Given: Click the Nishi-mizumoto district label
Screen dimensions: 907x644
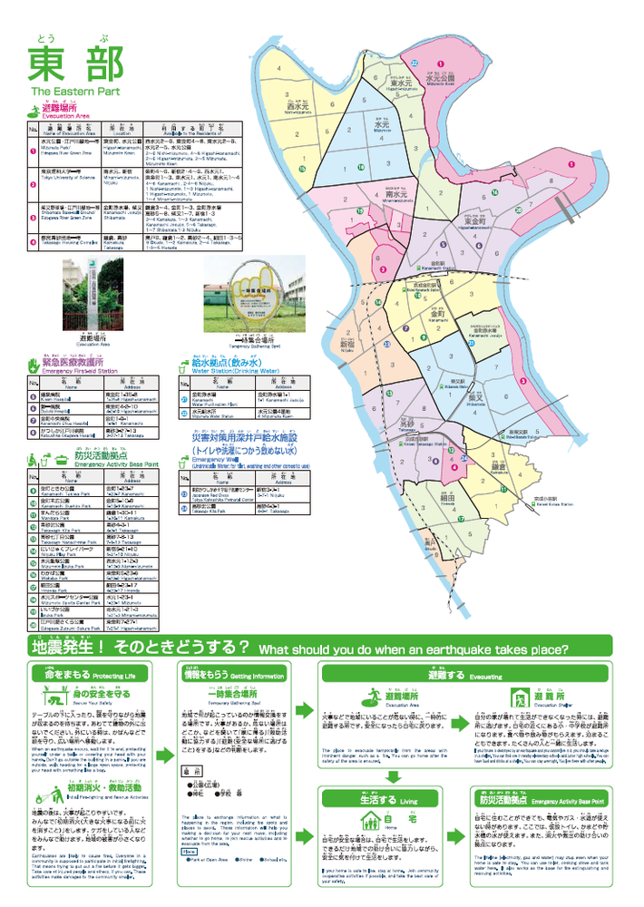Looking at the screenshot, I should coord(298,107).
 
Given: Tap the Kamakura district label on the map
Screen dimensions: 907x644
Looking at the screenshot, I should coord(498,466).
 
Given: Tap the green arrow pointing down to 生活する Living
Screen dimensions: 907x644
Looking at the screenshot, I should coord(393,776).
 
